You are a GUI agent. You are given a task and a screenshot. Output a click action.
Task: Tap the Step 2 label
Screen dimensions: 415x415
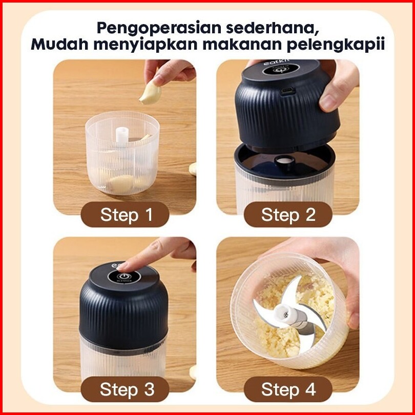coord(288,214)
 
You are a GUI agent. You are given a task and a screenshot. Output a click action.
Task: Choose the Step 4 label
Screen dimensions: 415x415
coord(288,389)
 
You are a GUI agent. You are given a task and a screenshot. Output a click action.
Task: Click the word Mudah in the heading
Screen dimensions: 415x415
coord(59,44)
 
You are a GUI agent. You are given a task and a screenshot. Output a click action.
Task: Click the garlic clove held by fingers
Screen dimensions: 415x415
coord(150,93)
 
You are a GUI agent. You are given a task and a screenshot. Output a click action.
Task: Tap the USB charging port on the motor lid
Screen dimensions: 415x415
coord(288,91)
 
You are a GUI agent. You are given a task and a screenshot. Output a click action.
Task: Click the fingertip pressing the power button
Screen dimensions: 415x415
coord(124,267)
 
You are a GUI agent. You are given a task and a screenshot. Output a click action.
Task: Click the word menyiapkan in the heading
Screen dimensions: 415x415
coord(146,45)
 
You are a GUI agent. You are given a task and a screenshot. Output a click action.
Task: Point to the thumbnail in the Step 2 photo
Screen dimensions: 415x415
coord(329,102)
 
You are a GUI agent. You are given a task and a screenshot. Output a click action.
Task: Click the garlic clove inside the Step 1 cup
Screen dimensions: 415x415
coord(122,182)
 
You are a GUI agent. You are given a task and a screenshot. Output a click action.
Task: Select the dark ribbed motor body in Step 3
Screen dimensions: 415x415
coord(123,313)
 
